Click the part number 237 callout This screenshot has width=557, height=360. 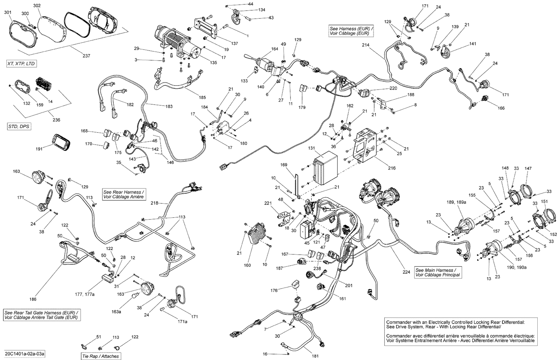click(86, 56)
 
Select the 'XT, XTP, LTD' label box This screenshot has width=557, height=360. click(21, 64)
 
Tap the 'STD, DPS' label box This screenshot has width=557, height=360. click(19, 127)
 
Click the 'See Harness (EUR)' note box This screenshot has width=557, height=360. click(351, 30)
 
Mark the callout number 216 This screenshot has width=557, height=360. click(392, 168)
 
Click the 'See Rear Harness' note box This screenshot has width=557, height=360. click(124, 194)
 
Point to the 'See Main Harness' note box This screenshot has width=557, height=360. click(438, 272)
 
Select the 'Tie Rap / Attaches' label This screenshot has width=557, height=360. click(101, 356)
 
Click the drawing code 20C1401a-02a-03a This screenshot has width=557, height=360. click(25, 353)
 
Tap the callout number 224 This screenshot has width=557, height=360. click(406, 272)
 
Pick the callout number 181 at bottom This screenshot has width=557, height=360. click(315, 356)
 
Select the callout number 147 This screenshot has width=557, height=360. click(528, 169)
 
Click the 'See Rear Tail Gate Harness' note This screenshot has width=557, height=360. click(42, 315)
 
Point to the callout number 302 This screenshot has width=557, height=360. click(37, 6)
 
